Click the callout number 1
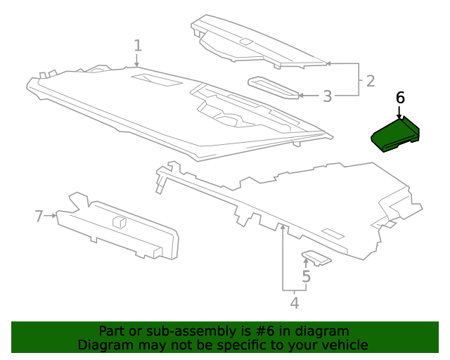(x=138, y=46)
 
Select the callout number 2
(x=371, y=82)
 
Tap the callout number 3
(x=327, y=96)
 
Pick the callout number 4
(x=295, y=303)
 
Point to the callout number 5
(x=306, y=277)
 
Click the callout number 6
(x=400, y=98)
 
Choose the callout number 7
(x=39, y=216)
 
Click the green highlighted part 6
(x=394, y=134)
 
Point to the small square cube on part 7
(x=119, y=221)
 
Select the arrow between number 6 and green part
(x=400, y=112)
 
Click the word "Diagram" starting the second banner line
(x=105, y=345)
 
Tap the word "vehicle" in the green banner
(x=342, y=345)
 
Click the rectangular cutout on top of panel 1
(x=156, y=79)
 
